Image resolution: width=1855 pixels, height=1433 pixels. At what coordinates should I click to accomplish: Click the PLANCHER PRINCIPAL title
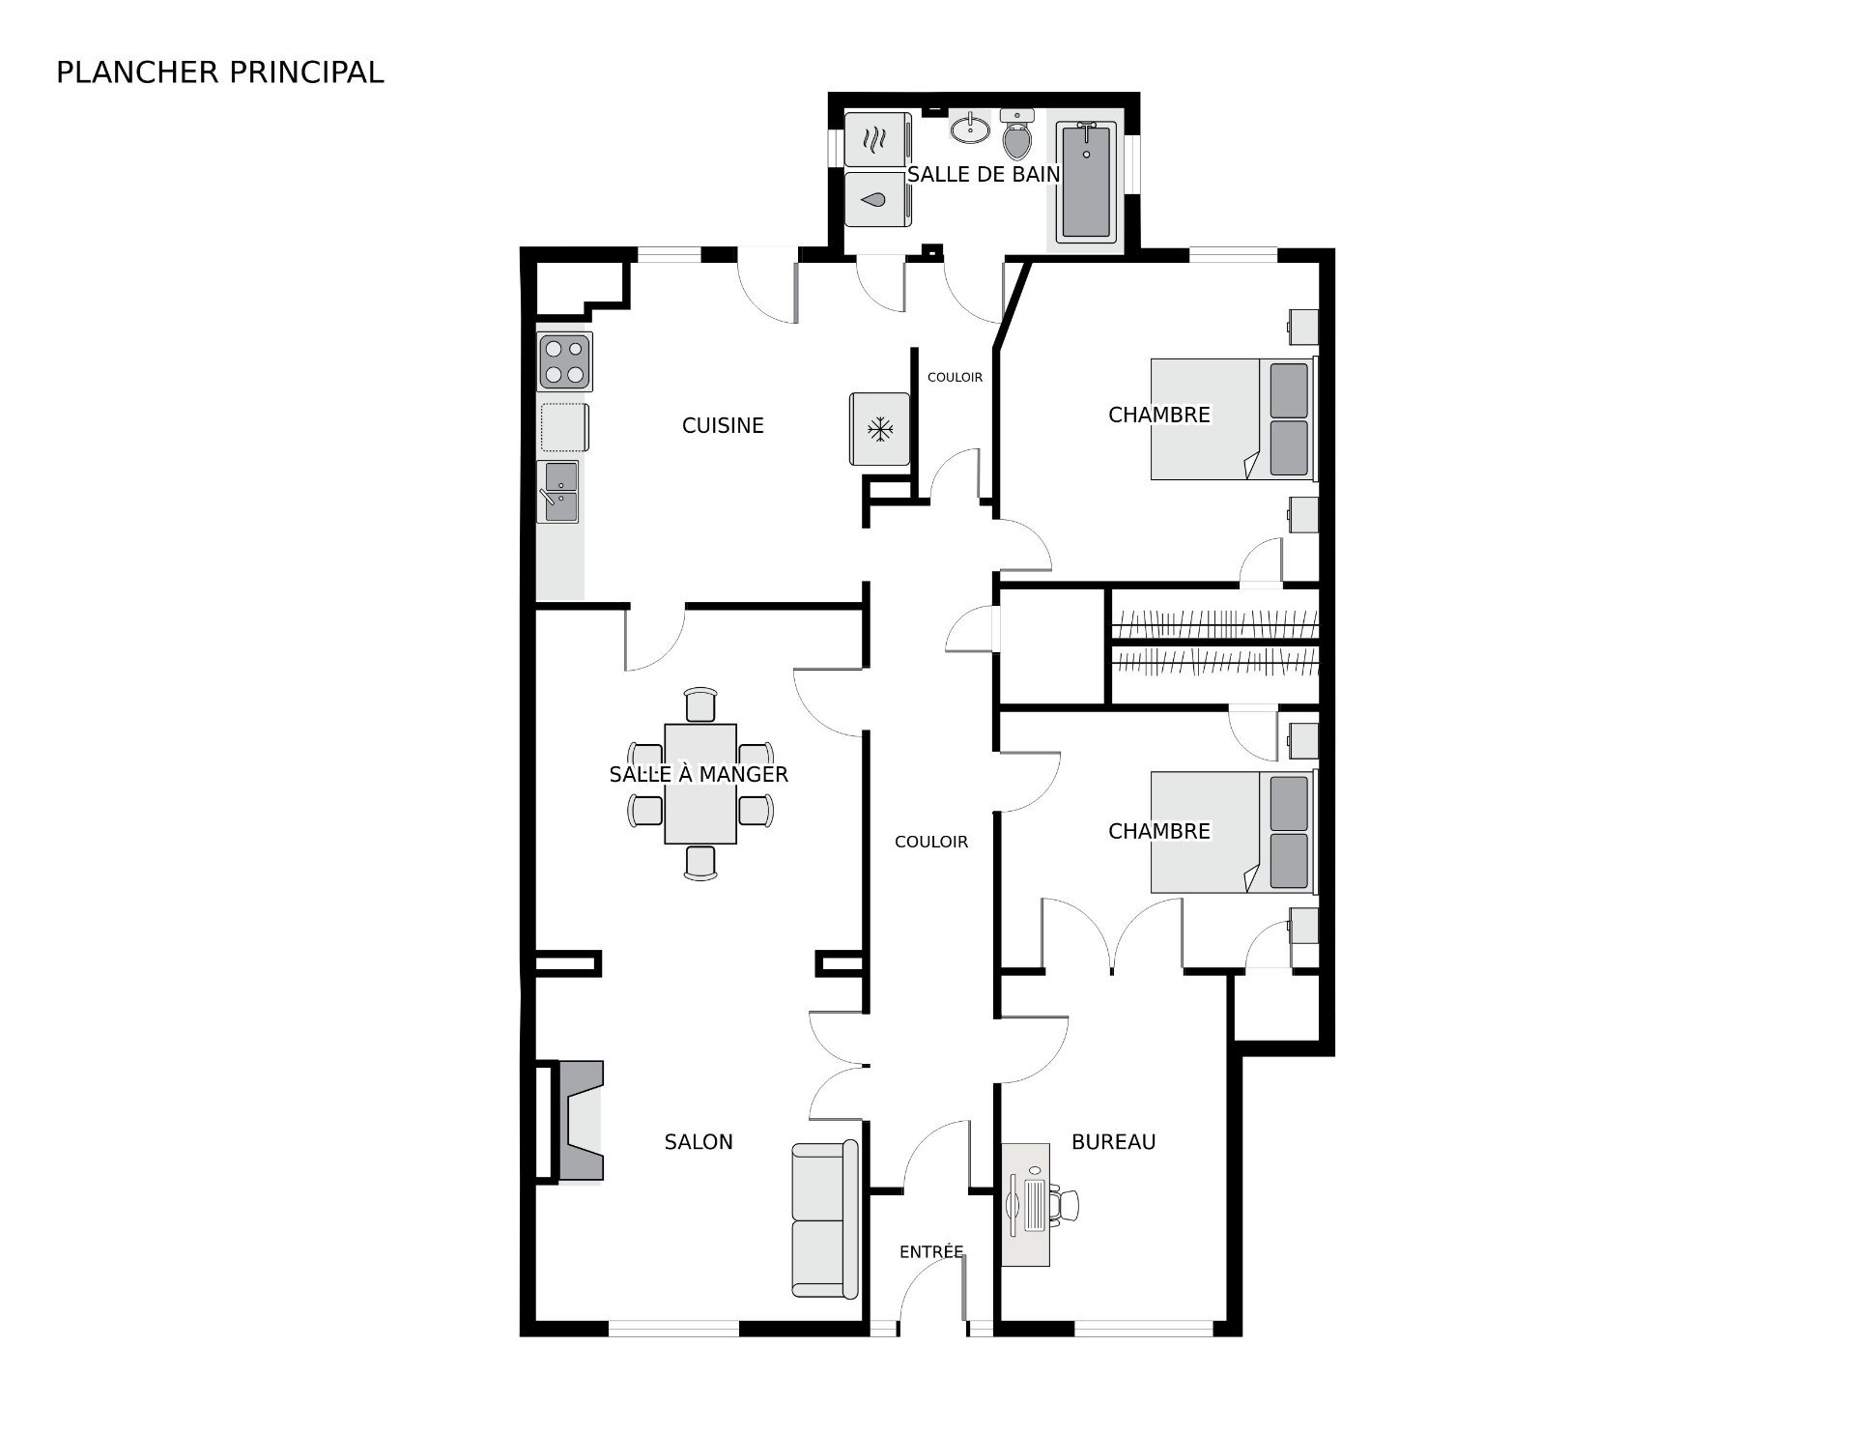click(x=220, y=72)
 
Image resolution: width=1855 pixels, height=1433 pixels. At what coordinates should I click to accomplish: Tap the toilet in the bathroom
click(x=1017, y=134)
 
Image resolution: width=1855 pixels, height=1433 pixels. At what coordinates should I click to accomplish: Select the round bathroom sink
click(x=970, y=128)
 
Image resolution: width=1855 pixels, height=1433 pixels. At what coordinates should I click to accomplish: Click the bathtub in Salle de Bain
click(x=1086, y=181)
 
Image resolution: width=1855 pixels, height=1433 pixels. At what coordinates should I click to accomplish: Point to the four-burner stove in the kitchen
click(x=565, y=361)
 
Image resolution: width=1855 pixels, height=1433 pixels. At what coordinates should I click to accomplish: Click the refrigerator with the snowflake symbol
click(x=879, y=428)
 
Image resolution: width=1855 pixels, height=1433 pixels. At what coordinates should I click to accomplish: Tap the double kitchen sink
click(x=558, y=491)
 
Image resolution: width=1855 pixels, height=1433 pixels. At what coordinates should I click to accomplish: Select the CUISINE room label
click(x=723, y=425)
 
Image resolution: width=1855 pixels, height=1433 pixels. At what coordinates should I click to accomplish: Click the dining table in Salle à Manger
click(x=700, y=784)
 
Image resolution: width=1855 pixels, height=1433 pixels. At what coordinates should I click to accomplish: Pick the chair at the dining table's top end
click(x=700, y=704)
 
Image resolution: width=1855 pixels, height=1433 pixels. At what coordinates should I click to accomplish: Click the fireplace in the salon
click(x=578, y=1120)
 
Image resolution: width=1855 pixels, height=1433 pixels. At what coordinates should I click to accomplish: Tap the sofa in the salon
click(x=824, y=1219)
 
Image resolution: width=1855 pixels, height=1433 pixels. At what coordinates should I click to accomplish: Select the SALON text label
click(x=699, y=1142)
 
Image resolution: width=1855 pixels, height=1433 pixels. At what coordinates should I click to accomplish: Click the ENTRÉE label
click(x=931, y=1251)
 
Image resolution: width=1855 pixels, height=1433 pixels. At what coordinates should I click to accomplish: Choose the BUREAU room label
click(x=1114, y=1142)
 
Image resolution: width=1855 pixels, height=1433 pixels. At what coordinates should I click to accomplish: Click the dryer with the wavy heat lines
click(x=877, y=139)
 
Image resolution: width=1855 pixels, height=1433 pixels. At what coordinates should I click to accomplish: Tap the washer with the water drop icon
click(x=877, y=199)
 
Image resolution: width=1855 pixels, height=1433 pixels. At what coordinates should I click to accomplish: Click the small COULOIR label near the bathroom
click(x=955, y=377)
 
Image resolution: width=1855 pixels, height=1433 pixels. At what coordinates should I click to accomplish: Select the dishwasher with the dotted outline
click(x=564, y=427)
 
